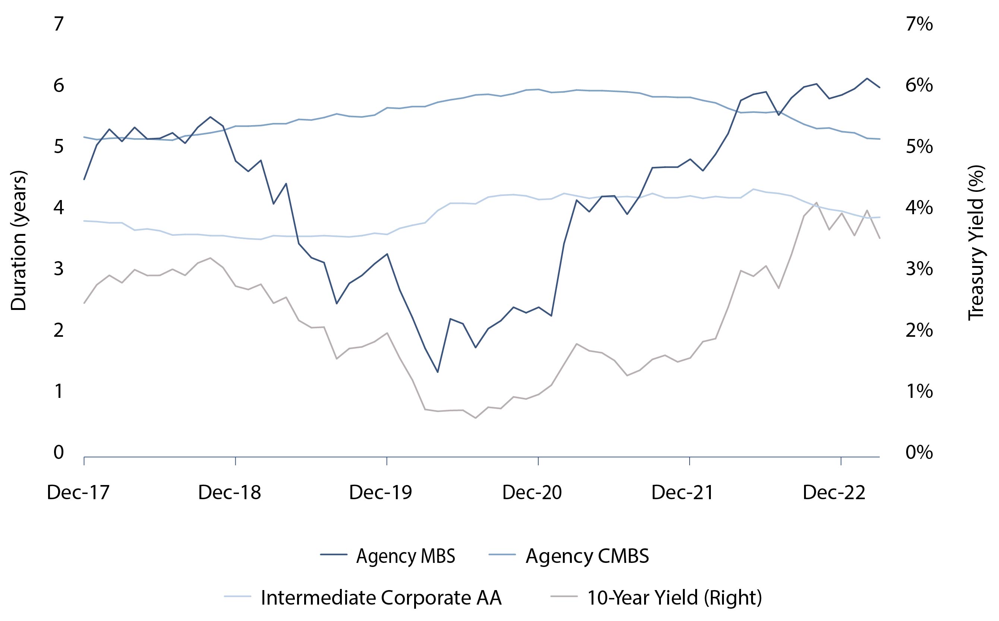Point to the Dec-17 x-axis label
(78, 492)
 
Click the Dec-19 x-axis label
(381, 492)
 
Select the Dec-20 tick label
(532, 492)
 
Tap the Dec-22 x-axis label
(834, 492)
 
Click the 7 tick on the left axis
(59, 24)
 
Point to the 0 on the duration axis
(59, 452)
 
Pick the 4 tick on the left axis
(59, 207)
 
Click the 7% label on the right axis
(919, 24)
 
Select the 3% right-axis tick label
(919, 269)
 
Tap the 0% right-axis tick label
(919, 452)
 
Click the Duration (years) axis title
(19, 241)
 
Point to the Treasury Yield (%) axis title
(976, 242)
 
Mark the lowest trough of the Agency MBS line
(438, 372)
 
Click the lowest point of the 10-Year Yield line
(476, 418)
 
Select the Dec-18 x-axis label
(229, 492)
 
